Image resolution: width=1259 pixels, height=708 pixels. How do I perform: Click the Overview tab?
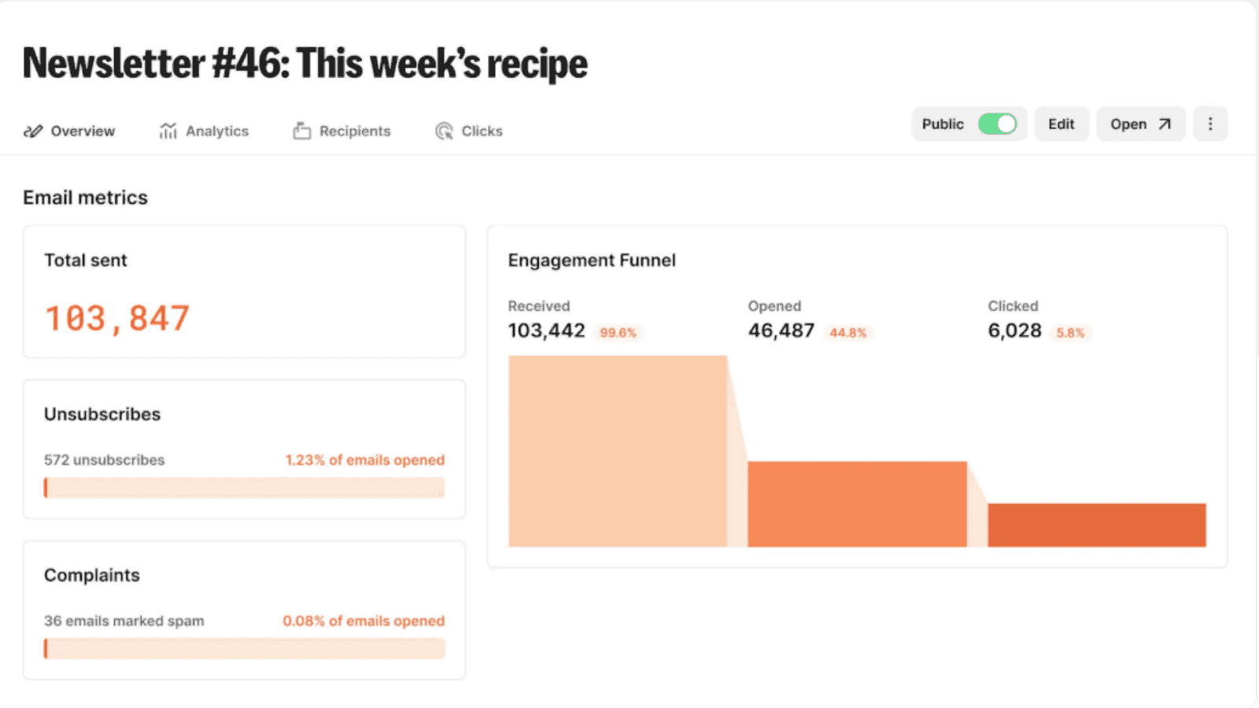click(x=70, y=131)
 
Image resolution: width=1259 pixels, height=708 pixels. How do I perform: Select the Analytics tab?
click(x=205, y=131)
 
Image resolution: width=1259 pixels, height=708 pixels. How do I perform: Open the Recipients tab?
click(x=342, y=131)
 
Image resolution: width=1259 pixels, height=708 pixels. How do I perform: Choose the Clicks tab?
click(x=470, y=131)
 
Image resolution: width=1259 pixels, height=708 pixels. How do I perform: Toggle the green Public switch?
click(x=997, y=124)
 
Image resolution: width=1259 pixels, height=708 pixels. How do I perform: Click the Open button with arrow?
click(x=1140, y=124)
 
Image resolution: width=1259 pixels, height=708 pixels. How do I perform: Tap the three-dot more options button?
click(x=1210, y=124)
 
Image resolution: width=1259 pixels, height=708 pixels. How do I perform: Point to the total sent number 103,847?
click(x=117, y=319)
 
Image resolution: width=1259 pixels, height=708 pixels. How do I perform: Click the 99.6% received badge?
click(x=618, y=333)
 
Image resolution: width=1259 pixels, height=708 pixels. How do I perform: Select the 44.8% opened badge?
click(x=847, y=333)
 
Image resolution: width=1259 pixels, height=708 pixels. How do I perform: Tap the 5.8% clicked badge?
click(x=1070, y=333)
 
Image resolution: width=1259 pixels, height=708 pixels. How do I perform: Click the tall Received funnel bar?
click(x=618, y=451)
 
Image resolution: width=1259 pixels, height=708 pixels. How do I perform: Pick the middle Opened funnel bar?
click(x=857, y=504)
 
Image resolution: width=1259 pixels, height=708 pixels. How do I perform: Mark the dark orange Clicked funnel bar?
click(x=1097, y=525)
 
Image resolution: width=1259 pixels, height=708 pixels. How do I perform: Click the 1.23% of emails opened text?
click(x=364, y=460)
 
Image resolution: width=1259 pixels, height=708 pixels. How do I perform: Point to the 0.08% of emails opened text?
click(x=364, y=621)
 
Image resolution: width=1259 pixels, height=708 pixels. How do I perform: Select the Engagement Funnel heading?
click(x=592, y=260)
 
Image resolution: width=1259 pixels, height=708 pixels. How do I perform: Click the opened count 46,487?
click(x=781, y=331)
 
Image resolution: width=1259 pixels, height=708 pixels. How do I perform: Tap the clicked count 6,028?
click(x=1014, y=331)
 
